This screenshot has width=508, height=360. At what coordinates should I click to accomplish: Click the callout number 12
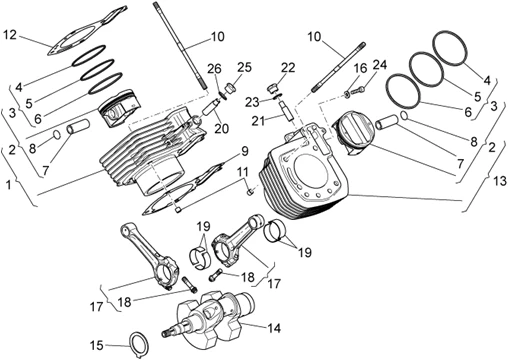(9, 36)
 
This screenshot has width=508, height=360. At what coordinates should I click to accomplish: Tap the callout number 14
(274, 327)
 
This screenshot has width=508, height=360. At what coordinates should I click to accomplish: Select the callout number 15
(98, 345)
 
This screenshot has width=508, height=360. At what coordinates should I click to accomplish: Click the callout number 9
(243, 152)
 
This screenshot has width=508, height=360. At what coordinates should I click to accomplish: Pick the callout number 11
(243, 172)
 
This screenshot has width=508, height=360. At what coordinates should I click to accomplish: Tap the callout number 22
(288, 67)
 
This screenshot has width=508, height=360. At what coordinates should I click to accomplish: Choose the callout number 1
(9, 186)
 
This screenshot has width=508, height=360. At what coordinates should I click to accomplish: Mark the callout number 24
(380, 65)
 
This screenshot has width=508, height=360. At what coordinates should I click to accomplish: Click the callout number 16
(362, 67)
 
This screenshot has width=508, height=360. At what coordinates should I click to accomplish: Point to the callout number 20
(221, 127)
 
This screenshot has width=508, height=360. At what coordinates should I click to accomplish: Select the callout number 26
(213, 68)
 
